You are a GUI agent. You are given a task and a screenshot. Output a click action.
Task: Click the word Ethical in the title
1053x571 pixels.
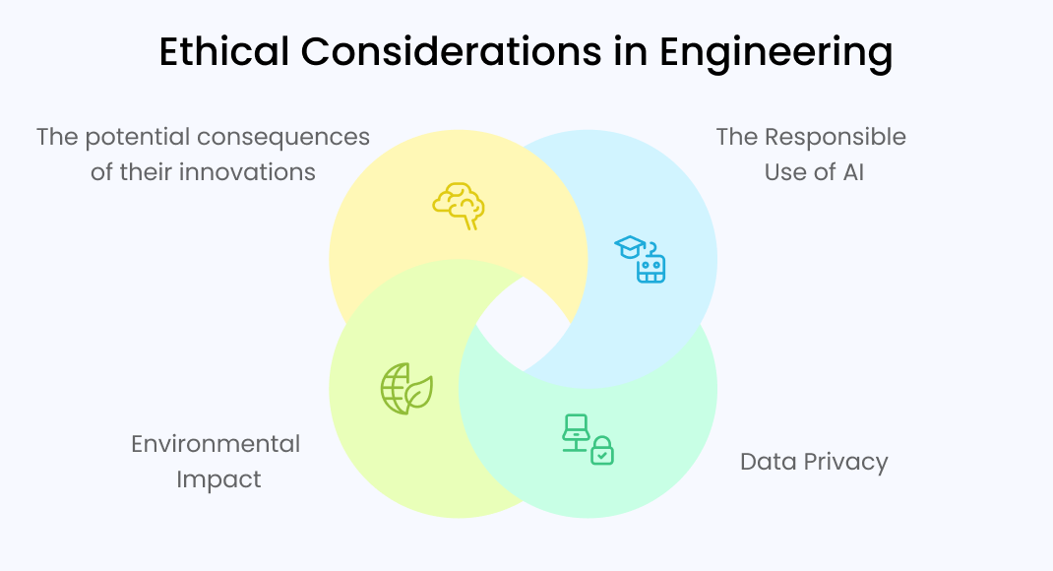pyautogui.click(x=221, y=52)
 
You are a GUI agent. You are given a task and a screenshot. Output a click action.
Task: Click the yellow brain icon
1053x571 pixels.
pyautogui.click(x=459, y=205)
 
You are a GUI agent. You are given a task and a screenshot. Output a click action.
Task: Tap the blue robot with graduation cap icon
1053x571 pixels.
pyautogui.click(x=642, y=259)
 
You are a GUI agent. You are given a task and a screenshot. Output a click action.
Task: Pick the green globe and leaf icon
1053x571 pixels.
pyautogui.click(x=406, y=388)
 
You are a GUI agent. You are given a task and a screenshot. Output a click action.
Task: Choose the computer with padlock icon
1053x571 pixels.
pyautogui.click(x=588, y=439)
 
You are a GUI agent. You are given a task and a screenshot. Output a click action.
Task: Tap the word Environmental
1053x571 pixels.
pyautogui.click(x=216, y=444)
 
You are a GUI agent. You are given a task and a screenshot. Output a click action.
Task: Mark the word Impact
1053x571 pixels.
pyautogui.click(x=218, y=479)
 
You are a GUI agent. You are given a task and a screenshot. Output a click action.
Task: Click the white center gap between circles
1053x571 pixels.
pyautogui.click(x=523, y=323)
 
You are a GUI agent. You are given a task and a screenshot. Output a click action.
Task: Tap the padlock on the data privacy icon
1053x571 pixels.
pyautogui.click(x=601, y=453)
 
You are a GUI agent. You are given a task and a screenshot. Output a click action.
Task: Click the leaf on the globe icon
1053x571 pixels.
pyautogui.click(x=419, y=393)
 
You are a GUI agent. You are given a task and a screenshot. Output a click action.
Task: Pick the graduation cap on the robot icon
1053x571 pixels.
pyautogui.click(x=630, y=246)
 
